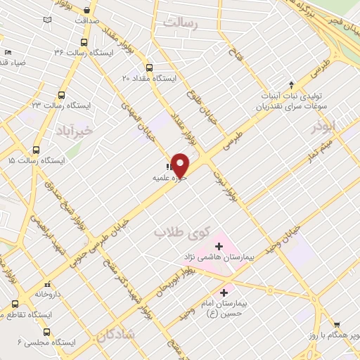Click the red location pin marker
click(x=181, y=165)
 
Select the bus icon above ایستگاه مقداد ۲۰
click(x=149, y=68)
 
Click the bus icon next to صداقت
click(x=87, y=11)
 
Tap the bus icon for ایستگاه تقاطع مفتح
click(x=15, y=304)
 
